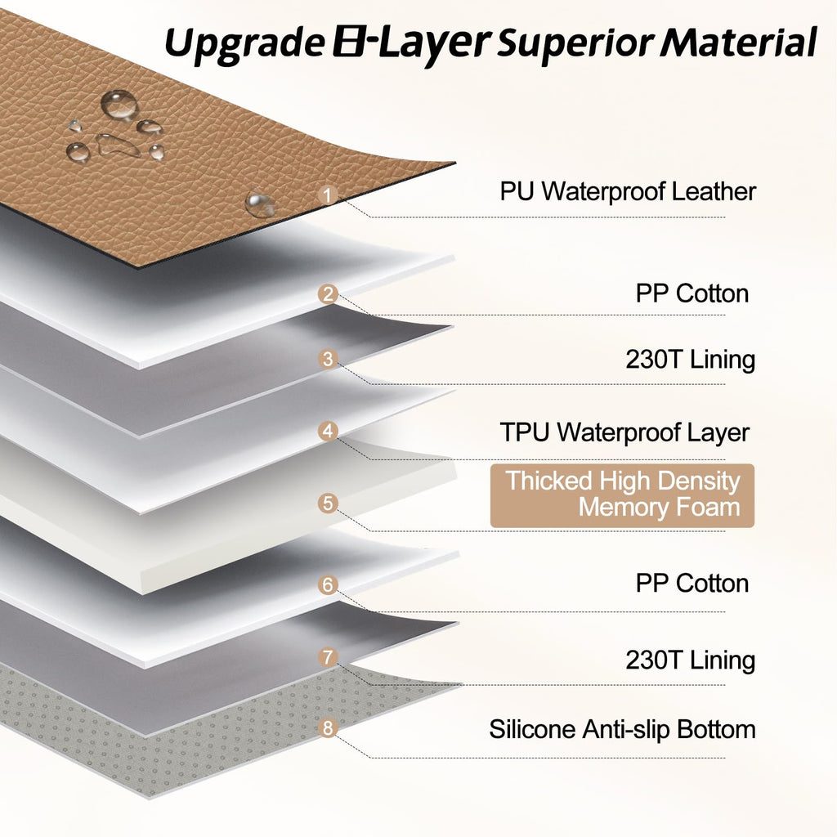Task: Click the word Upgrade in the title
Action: pos(244,43)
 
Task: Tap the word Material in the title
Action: pos(738,42)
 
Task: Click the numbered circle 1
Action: pos(327,195)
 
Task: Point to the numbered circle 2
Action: pos(328,293)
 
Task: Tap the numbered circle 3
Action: pos(328,359)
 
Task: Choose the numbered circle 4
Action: pos(328,431)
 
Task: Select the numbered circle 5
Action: pos(328,504)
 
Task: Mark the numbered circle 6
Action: pos(328,585)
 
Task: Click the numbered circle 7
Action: pos(328,657)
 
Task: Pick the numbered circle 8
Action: pos(328,728)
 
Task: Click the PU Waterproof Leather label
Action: pos(628,191)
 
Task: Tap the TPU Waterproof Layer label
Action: pos(624,432)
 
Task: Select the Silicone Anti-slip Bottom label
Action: pos(622,729)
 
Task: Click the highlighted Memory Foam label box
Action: pos(622,495)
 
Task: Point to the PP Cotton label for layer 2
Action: pos(692,293)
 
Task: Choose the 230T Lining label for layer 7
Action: pos(690,660)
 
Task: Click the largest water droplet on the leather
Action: pos(119,104)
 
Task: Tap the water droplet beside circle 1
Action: pos(260,204)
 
